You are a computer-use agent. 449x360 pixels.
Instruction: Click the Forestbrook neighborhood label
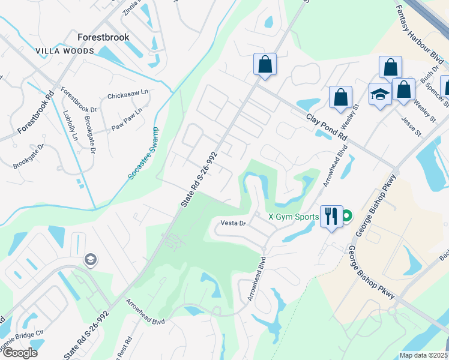point(103,37)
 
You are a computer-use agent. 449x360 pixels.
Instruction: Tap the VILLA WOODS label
point(65,51)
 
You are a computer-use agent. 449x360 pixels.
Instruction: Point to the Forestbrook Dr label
point(78,100)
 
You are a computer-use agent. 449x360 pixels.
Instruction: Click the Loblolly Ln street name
point(68,126)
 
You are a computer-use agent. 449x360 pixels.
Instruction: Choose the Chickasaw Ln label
point(127,95)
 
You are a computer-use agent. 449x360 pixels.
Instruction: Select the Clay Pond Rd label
point(327,127)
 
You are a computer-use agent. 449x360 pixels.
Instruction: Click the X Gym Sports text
point(294,217)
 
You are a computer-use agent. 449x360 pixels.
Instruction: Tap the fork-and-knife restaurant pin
point(331,215)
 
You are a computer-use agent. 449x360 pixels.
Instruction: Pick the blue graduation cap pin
point(380,95)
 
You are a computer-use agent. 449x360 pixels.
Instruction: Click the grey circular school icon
point(91,260)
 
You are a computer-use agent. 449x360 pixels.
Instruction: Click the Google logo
point(20,353)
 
